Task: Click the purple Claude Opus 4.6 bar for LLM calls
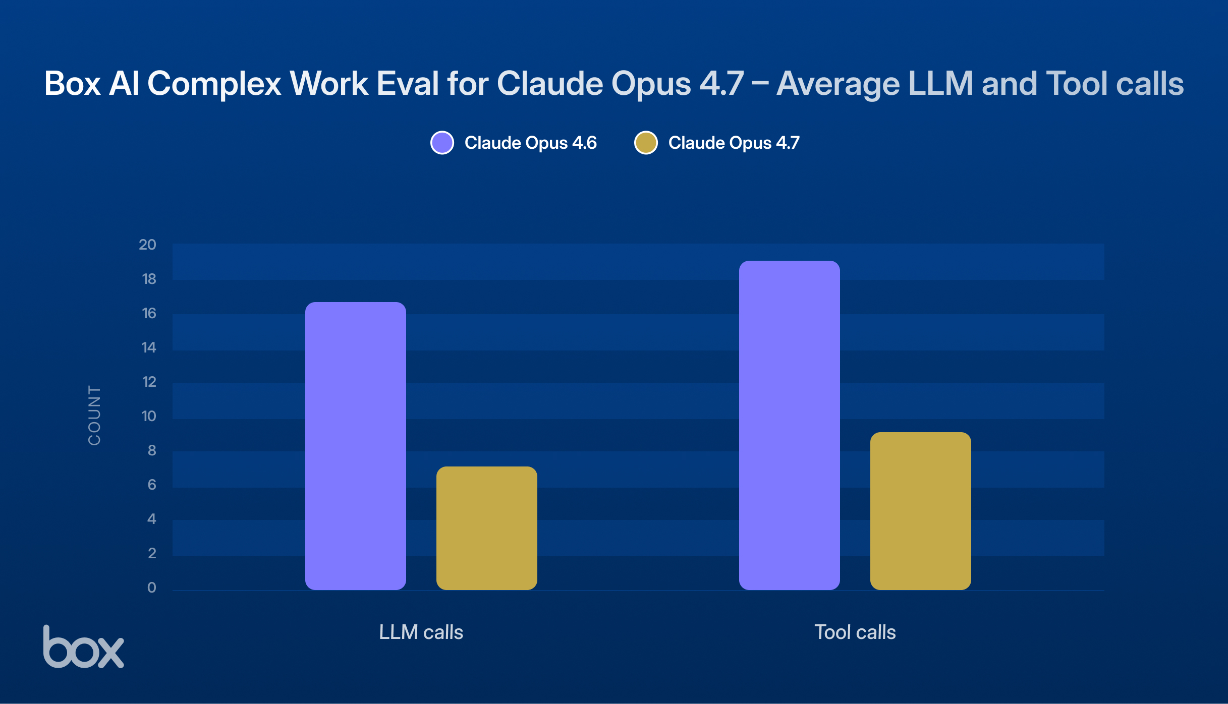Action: coord(356,446)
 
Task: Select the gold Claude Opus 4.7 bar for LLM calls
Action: coord(487,528)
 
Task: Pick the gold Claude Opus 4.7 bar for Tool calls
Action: coord(921,511)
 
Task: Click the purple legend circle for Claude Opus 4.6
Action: coord(442,143)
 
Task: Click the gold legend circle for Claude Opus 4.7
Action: coord(646,143)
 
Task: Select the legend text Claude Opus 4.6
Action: coord(530,143)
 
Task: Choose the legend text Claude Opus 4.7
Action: coord(734,143)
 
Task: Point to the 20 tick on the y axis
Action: coord(148,245)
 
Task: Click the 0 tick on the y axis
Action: coord(151,588)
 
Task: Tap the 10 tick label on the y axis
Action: coord(149,416)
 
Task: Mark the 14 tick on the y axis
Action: coord(149,347)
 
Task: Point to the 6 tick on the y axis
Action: coord(151,485)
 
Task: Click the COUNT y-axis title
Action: coord(94,416)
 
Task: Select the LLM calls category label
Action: coord(421,632)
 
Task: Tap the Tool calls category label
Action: coord(855,632)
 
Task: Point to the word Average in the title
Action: coord(838,83)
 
